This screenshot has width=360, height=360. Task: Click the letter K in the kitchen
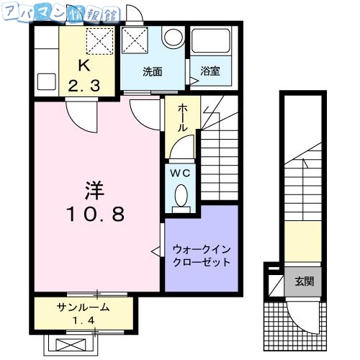84,66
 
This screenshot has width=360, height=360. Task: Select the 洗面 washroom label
151,71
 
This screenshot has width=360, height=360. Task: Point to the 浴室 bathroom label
210,71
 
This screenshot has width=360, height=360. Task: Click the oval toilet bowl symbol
181,194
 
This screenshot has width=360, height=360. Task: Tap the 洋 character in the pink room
96,191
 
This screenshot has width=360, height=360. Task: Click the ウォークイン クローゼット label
202,256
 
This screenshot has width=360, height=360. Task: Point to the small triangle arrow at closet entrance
155,251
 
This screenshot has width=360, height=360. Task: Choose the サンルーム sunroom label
84,307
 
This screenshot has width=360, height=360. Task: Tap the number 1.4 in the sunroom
84,318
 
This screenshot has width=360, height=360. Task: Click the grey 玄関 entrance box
303,281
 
